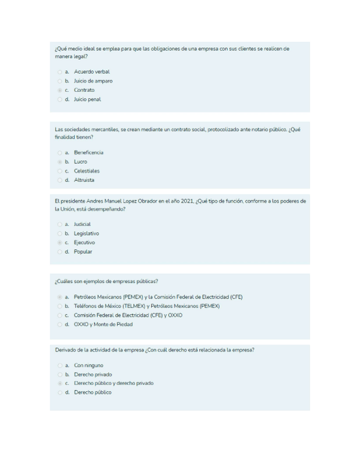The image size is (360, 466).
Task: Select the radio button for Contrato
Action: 59,90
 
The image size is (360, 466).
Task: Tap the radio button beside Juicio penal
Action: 59,99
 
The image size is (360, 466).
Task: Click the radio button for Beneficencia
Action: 59,153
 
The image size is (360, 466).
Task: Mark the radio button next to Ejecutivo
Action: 59,242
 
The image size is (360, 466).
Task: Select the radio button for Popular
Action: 59,252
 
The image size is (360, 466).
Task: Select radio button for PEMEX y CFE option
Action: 59,297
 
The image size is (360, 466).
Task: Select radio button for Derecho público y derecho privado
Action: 59,383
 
